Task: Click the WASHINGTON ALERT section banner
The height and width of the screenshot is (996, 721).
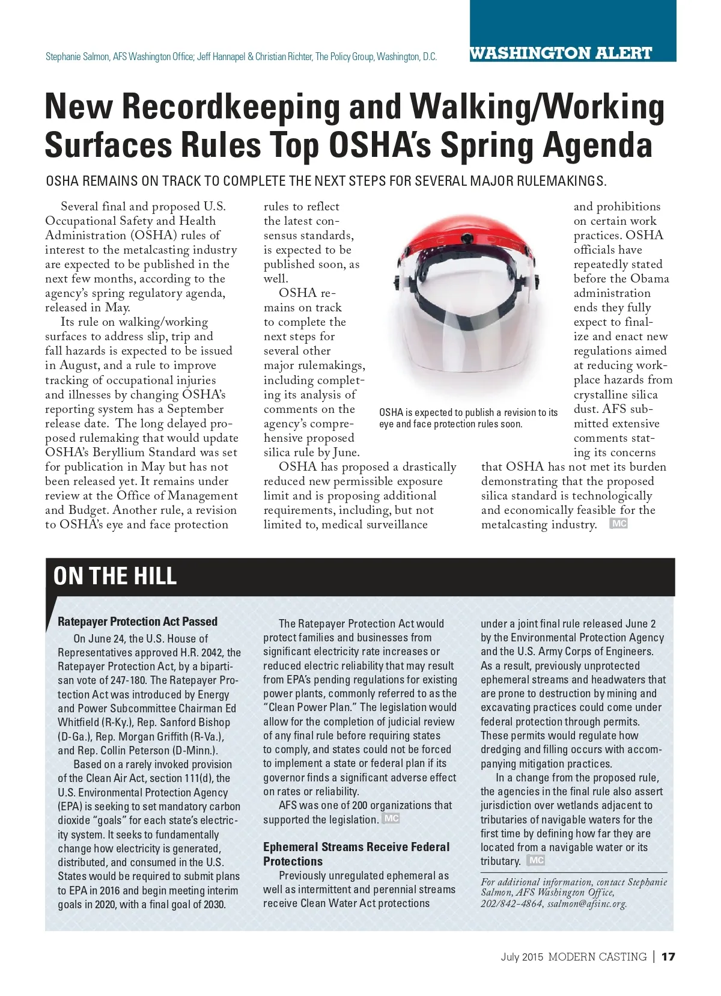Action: [x=560, y=53]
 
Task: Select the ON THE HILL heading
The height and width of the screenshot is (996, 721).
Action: [x=115, y=576]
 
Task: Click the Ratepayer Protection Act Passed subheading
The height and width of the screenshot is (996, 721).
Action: [x=138, y=622]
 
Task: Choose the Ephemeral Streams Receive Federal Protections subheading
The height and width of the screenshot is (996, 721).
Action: [x=356, y=854]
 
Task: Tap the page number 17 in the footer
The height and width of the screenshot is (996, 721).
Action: [x=668, y=956]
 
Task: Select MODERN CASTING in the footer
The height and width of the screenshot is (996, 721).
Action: [x=597, y=957]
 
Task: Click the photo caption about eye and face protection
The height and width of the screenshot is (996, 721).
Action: [x=468, y=418]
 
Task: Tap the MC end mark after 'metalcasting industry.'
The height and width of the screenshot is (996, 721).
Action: [x=618, y=524]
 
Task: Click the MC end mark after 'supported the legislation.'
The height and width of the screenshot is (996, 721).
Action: [x=391, y=819]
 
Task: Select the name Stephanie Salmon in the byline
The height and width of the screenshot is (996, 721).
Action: [x=78, y=57]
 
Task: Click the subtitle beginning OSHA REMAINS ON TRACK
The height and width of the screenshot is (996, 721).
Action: [x=326, y=181]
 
